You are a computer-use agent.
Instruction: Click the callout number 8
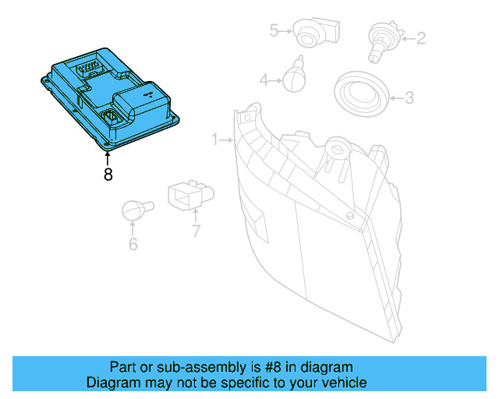click(x=108, y=175)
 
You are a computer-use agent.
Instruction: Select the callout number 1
click(x=215, y=139)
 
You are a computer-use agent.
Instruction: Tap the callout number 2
click(x=421, y=37)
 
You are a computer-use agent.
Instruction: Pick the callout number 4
click(x=264, y=79)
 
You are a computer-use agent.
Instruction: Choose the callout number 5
click(x=274, y=30)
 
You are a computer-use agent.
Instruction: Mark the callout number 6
click(x=133, y=245)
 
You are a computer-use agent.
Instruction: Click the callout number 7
click(x=196, y=231)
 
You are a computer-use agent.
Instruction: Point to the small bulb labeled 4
click(x=294, y=76)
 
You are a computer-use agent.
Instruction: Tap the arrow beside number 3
click(x=395, y=98)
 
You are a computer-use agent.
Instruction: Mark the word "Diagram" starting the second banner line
click(x=111, y=383)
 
